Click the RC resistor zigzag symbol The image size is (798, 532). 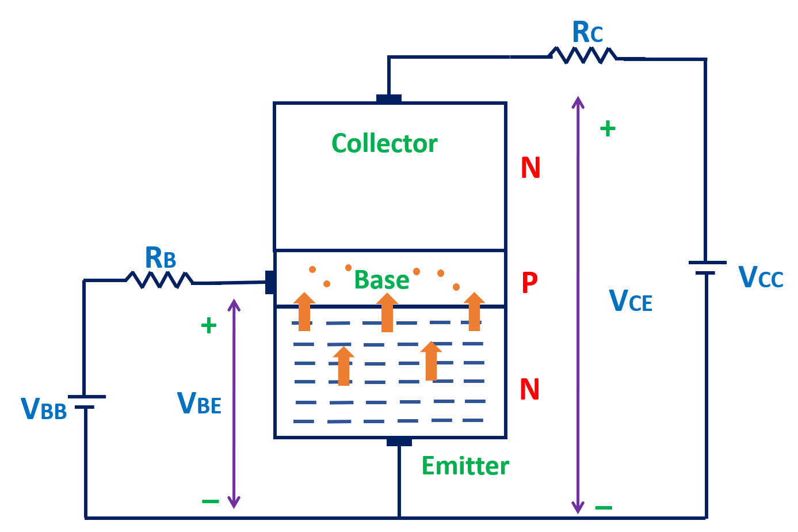(x=583, y=55)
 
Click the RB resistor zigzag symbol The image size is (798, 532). (x=159, y=280)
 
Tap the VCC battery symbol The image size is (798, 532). (x=707, y=268)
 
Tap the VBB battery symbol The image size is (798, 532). (x=86, y=402)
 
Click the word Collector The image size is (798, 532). (x=384, y=143)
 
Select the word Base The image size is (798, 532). (x=381, y=280)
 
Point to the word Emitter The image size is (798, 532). (x=465, y=466)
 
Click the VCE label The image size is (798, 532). (x=630, y=301)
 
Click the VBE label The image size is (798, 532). (x=199, y=403)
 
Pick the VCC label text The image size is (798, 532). (x=760, y=278)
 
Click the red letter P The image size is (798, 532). (x=529, y=282)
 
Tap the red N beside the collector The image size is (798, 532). (x=530, y=168)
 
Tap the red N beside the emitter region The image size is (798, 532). (x=529, y=389)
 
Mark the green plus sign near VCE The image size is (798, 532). (x=608, y=128)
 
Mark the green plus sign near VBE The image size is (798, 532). (x=208, y=326)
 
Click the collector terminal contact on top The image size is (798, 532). (x=389, y=99)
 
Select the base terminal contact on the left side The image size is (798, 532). (x=269, y=282)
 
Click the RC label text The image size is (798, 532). (x=587, y=33)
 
